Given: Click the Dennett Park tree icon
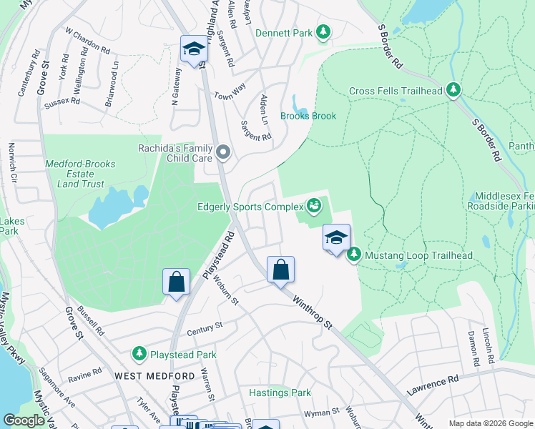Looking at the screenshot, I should (x=324, y=32).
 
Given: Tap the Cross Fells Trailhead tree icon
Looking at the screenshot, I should (x=452, y=90).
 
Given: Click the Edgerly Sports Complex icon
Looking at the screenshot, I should (x=313, y=207).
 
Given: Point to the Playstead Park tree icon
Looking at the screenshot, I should (x=139, y=354).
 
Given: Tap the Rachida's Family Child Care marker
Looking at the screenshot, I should (x=224, y=151).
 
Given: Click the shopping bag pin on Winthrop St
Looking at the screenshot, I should (x=281, y=270).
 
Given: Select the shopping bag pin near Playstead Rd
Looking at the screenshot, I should (x=176, y=282).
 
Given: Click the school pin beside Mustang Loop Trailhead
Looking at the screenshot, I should (x=336, y=237).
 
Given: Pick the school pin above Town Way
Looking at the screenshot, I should (x=193, y=49).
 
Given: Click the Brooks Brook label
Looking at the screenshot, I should (x=308, y=116).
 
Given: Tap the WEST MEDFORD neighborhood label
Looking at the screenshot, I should (x=154, y=375).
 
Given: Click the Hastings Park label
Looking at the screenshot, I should (x=280, y=393).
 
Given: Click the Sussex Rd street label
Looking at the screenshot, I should (x=62, y=102).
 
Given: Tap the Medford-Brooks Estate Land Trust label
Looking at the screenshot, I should (x=79, y=174).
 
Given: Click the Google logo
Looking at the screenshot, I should (x=24, y=420).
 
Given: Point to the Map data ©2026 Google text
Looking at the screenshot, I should (x=490, y=423).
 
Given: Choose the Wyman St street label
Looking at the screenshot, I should (x=321, y=413).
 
